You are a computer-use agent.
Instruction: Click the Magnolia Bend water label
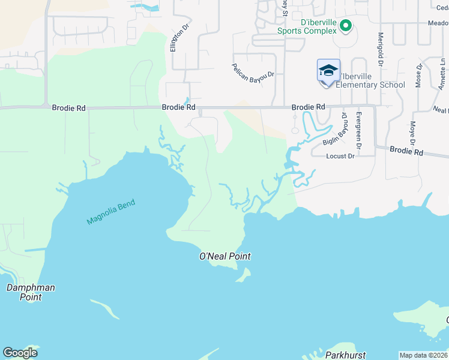pyautogui.click(x=111, y=212)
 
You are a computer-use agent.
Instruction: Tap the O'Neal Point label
pyautogui.click(x=224, y=256)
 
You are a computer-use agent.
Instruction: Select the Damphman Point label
pyautogui.click(x=31, y=292)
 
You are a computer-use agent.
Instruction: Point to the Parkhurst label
pyautogui.click(x=345, y=355)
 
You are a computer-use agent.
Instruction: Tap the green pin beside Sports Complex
pyautogui.click(x=345, y=26)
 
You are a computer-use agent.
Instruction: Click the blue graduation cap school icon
pyautogui.click(x=328, y=70)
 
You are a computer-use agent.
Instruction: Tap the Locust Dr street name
pyautogui.click(x=340, y=156)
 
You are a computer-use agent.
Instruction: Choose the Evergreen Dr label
pyautogui.click(x=359, y=130)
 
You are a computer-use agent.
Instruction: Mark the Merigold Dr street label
pyautogui.click(x=381, y=48)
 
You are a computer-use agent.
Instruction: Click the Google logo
pyautogui.click(x=20, y=353)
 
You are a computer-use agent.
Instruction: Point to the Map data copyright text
pyautogui.click(x=423, y=355)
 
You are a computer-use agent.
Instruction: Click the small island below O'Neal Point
pyautogui.click(x=244, y=275)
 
